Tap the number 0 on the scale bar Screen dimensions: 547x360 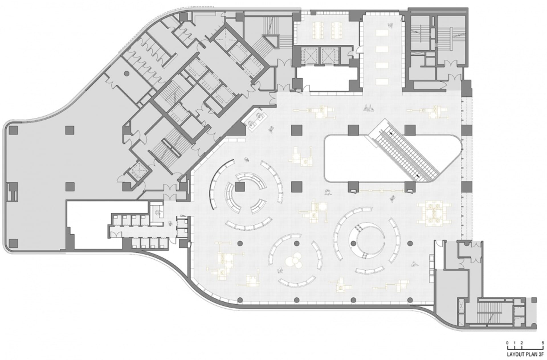tap(507, 343)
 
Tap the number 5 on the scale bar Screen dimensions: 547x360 tap(543, 343)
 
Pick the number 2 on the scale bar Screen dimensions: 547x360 tap(521, 343)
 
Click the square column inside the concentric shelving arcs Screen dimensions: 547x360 tap(240, 187)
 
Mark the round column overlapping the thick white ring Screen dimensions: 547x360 tap(354, 243)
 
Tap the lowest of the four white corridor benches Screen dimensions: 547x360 tap(382, 82)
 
